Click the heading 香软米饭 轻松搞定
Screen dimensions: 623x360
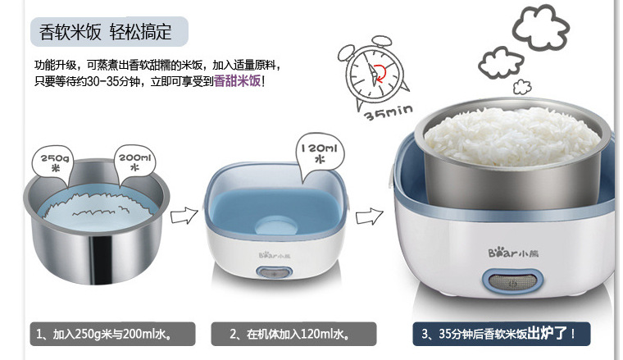click(105, 32)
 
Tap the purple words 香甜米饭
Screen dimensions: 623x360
click(237, 81)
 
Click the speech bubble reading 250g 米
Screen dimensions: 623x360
click(53, 165)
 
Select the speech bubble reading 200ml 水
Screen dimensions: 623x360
click(134, 164)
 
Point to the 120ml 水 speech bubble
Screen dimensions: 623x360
click(320, 154)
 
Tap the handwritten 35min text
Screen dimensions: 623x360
click(389, 112)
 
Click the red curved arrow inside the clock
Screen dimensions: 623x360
click(380, 74)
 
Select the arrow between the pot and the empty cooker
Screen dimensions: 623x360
click(184, 216)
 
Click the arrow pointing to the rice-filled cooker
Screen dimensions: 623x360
click(369, 216)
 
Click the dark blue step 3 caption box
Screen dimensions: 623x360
click(502, 334)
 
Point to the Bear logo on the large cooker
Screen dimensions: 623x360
click(513, 253)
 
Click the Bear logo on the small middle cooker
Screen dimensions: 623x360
click(275, 256)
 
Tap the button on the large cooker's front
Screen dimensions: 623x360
click(513, 283)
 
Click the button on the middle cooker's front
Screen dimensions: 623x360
click(274, 273)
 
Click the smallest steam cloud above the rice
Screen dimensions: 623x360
click(522, 87)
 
